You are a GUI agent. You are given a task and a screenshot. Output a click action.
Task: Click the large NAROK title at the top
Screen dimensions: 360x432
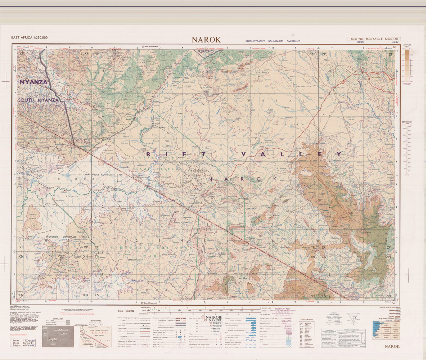[206, 39]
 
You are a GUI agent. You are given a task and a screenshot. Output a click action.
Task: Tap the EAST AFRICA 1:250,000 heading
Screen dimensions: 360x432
[30, 38]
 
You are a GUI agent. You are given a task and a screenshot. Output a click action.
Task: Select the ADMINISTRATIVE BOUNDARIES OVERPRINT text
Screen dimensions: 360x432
[272, 41]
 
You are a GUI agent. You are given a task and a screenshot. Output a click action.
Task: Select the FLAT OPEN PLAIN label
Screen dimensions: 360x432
[312, 86]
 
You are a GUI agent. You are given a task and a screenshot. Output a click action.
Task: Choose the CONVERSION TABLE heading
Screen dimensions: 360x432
[407, 123]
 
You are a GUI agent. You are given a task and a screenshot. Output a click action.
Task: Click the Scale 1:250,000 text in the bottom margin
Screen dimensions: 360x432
[126, 311]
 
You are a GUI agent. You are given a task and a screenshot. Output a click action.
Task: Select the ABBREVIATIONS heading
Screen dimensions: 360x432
[306, 319]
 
